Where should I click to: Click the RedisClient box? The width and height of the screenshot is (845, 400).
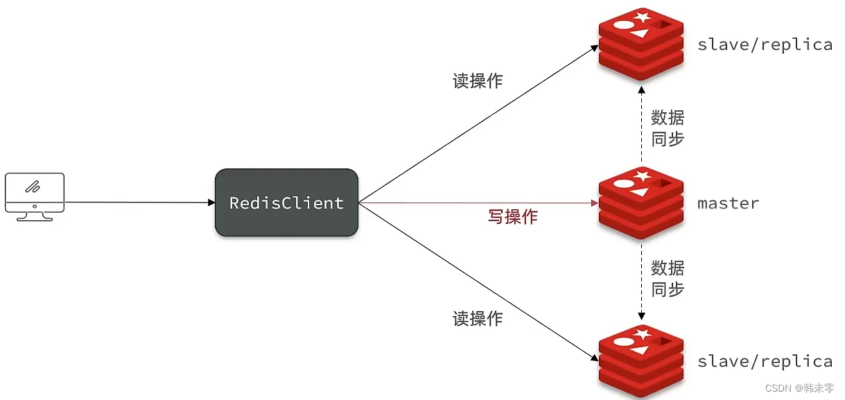(286, 202)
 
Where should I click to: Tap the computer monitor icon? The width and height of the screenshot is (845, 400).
(34, 196)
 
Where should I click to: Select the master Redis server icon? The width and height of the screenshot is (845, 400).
(641, 202)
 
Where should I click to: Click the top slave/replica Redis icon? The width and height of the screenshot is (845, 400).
(641, 44)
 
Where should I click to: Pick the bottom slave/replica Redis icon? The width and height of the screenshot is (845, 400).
(641, 361)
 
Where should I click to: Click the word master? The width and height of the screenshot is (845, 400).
(728, 204)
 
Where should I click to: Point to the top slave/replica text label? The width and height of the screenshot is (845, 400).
(765, 45)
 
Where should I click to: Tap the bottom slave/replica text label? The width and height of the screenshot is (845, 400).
(765, 362)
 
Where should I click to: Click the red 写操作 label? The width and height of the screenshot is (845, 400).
(512, 217)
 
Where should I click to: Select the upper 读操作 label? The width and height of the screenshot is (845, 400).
(478, 81)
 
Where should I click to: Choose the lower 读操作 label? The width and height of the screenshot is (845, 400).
(478, 319)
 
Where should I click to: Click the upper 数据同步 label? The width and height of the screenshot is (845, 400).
(668, 128)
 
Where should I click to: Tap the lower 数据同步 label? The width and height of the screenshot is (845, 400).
(668, 278)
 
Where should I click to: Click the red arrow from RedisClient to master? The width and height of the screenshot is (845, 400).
(478, 203)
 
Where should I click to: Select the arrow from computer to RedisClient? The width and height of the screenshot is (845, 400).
(139, 202)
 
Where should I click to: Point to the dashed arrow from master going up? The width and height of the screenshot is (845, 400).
(642, 125)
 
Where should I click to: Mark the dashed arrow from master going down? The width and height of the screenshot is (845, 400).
(642, 281)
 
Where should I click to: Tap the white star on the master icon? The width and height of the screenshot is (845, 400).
(642, 176)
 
